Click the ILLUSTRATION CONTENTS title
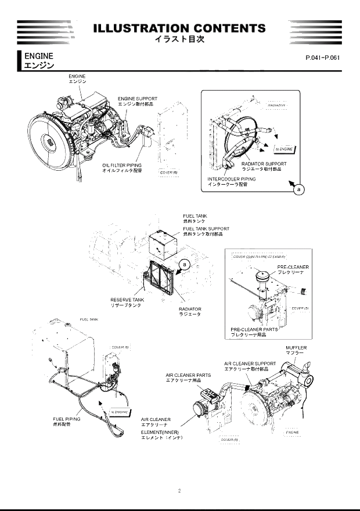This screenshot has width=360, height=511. pyautogui.click(x=179, y=28)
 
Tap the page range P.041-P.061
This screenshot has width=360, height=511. pyautogui.click(x=322, y=59)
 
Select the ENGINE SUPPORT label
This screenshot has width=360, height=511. pyautogui.click(x=138, y=99)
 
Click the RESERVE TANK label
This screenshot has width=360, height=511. pyautogui.click(x=127, y=300)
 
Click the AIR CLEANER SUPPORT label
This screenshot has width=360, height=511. pyautogui.click(x=250, y=364)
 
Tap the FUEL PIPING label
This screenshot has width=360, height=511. pyautogui.click(x=66, y=418)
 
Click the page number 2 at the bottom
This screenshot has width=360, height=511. pyautogui.click(x=179, y=491)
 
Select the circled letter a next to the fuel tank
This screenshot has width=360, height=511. pyautogui.click(x=185, y=264)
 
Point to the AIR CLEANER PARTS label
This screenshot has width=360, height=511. pyautogui.click(x=188, y=375)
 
